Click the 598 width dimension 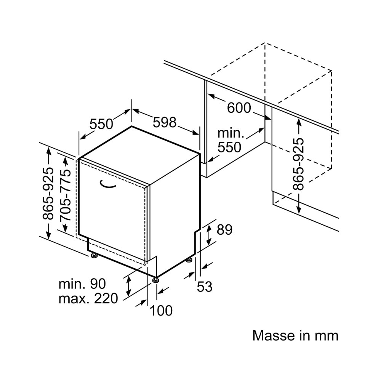(164, 122)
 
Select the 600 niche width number (239, 108)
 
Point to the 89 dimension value (224, 230)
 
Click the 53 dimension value (205, 287)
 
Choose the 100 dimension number (161, 311)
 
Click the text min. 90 (82, 283)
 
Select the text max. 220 (88, 299)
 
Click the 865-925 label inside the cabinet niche (299, 164)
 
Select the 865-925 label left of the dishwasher (48, 194)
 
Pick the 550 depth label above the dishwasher (101, 124)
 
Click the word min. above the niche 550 (231, 133)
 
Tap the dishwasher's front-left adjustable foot (94, 255)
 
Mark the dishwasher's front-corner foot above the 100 (155, 280)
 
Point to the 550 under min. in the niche (229, 147)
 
